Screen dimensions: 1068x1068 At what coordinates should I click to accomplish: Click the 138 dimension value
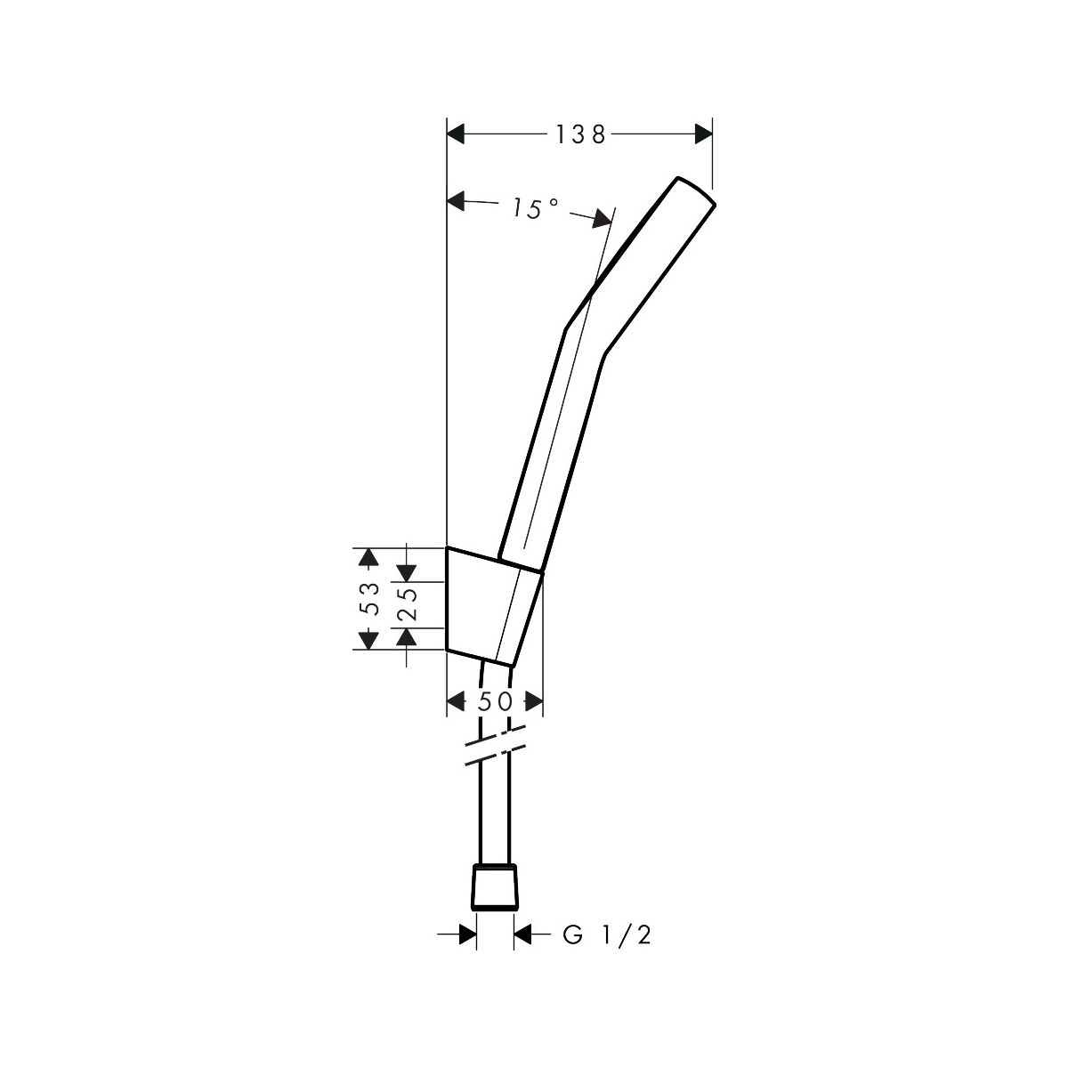coord(579,134)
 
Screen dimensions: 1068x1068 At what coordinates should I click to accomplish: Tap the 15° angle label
coord(534,208)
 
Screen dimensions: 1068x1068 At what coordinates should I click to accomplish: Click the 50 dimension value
coord(495,701)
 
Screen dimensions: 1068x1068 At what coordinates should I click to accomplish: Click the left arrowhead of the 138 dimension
coord(455,134)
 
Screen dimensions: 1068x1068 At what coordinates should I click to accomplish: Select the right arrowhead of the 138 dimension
coord(703,134)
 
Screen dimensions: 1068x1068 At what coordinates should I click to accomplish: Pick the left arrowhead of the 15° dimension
coord(456,200)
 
